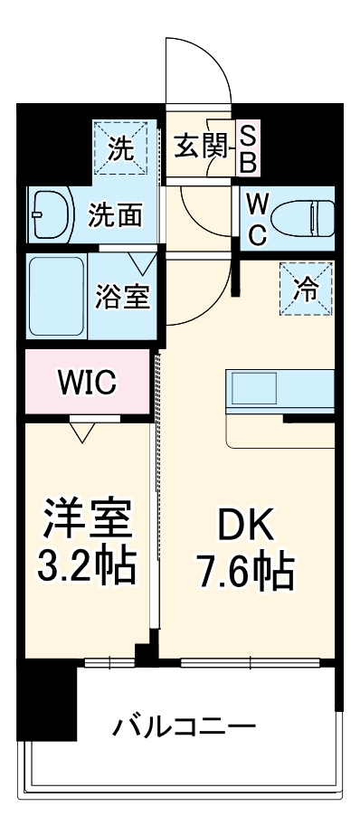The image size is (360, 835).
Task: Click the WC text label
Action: click(x=256, y=217)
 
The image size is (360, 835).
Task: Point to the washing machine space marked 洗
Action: click(x=121, y=148)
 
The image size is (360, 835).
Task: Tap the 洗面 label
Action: click(x=115, y=214)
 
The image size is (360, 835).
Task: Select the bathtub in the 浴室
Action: click(x=56, y=295)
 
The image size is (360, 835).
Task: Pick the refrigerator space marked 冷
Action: click(x=306, y=288)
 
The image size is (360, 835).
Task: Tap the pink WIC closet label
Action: click(x=87, y=383)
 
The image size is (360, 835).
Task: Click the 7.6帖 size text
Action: click(x=244, y=573)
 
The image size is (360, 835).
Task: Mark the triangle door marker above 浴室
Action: click(x=142, y=263)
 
